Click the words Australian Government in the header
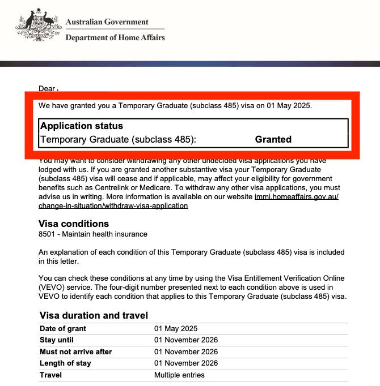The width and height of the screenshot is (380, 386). tap(107, 22)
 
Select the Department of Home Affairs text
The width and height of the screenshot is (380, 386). tap(115, 38)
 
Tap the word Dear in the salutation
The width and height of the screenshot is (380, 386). tap(47, 88)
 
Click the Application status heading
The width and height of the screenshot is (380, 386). tap(82, 126)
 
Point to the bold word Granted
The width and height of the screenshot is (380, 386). tap(273, 139)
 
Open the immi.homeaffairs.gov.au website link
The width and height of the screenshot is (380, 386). tap(297, 196)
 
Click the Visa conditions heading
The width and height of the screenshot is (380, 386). tap(73, 224)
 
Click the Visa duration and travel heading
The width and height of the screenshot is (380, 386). tap(94, 315)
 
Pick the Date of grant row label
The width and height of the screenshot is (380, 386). tap(62, 329)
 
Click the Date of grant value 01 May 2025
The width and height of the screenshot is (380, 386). tap(176, 329)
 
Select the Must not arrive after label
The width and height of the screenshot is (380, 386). tap(76, 351)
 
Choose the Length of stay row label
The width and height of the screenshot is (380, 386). tap(65, 363)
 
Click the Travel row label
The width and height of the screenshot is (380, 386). tap(50, 375)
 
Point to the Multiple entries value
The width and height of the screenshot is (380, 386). tap(179, 375)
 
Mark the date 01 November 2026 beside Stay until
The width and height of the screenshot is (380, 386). tap(186, 340)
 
